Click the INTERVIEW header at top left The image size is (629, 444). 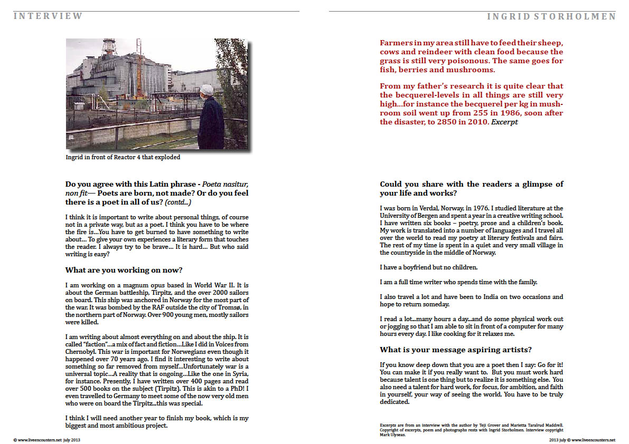click(48, 16)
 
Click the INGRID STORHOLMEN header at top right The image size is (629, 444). click(551, 16)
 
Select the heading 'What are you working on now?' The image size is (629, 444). click(124, 270)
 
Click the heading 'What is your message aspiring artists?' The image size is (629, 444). click(455, 350)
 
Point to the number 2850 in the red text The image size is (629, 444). click(464, 122)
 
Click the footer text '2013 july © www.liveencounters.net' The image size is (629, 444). click(582, 439)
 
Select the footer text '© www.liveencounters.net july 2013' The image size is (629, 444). click(47, 439)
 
